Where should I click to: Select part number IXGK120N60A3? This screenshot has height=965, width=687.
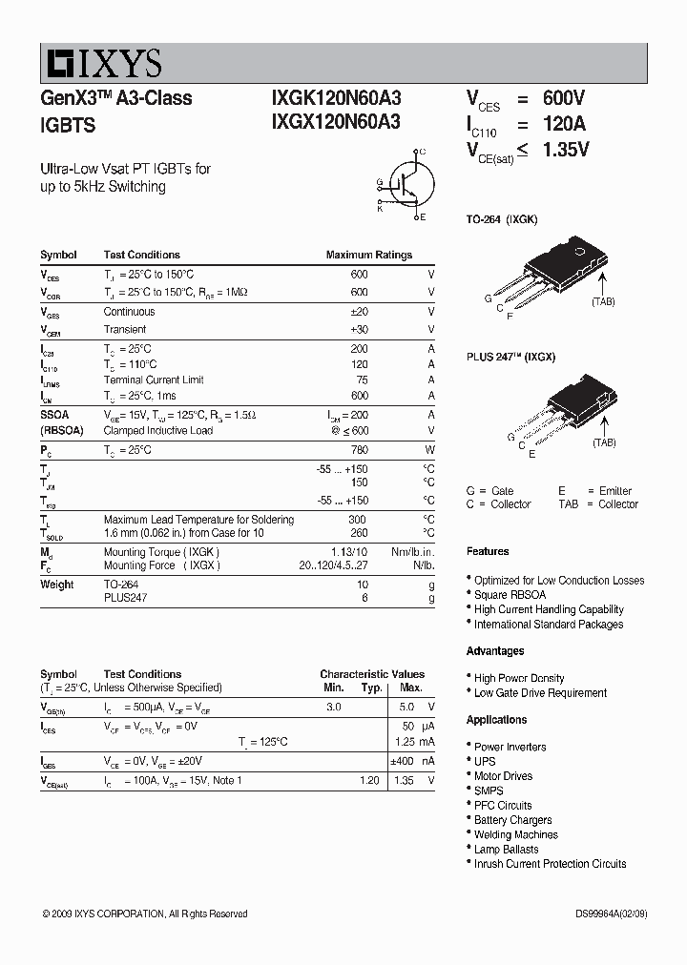click(336, 98)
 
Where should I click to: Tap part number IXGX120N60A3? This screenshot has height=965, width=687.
click(336, 121)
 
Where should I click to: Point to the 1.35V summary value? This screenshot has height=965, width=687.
click(566, 150)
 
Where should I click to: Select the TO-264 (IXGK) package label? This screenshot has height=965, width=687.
click(501, 219)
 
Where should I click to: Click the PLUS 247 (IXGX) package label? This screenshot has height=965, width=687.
click(510, 357)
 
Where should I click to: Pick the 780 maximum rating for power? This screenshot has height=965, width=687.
click(359, 450)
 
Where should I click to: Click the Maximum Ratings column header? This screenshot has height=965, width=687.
click(368, 255)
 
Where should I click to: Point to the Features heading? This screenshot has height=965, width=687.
click(488, 551)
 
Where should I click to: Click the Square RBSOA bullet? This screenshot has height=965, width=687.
click(510, 595)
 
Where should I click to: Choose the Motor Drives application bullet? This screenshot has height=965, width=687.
click(503, 776)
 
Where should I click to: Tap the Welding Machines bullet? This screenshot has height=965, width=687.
click(515, 834)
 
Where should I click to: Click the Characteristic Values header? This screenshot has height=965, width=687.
click(372, 674)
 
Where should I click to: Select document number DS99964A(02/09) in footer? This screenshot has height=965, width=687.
click(605, 914)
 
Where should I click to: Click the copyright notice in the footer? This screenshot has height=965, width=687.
click(145, 914)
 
